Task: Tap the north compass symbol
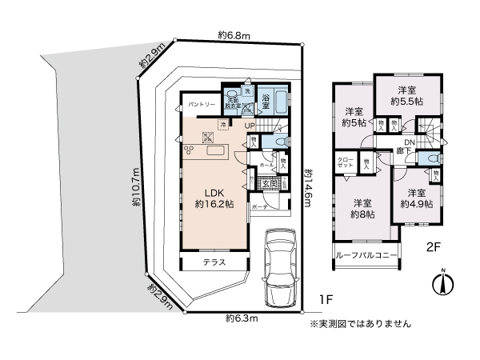point(444,283)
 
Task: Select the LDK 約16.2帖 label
point(213,198)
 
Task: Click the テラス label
point(214,262)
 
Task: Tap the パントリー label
point(200,105)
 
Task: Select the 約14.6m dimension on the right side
point(309,189)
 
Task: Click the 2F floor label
point(434,248)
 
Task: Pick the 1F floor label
point(326,300)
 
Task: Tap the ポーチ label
point(259,206)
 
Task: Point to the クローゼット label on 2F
point(345,162)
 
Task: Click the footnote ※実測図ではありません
point(360,324)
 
